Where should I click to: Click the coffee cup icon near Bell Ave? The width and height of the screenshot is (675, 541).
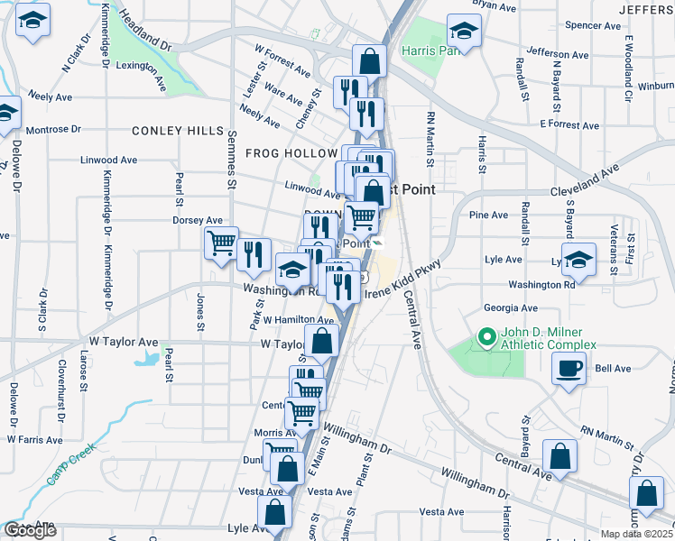coord(569,369)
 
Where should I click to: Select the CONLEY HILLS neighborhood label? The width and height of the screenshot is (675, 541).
coord(178,131)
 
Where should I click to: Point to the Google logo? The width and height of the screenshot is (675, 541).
coord(29,530)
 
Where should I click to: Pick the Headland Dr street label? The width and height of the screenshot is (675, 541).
coord(144,32)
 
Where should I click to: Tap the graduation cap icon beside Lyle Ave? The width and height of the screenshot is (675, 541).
coord(578,258)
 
